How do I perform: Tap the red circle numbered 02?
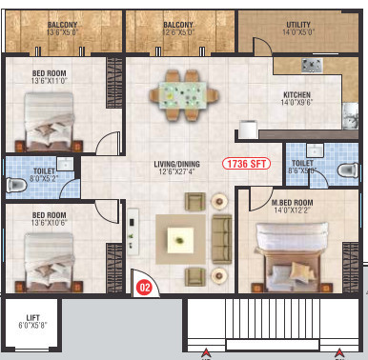click(145, 256)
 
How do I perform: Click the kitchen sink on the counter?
click(311, 65)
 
